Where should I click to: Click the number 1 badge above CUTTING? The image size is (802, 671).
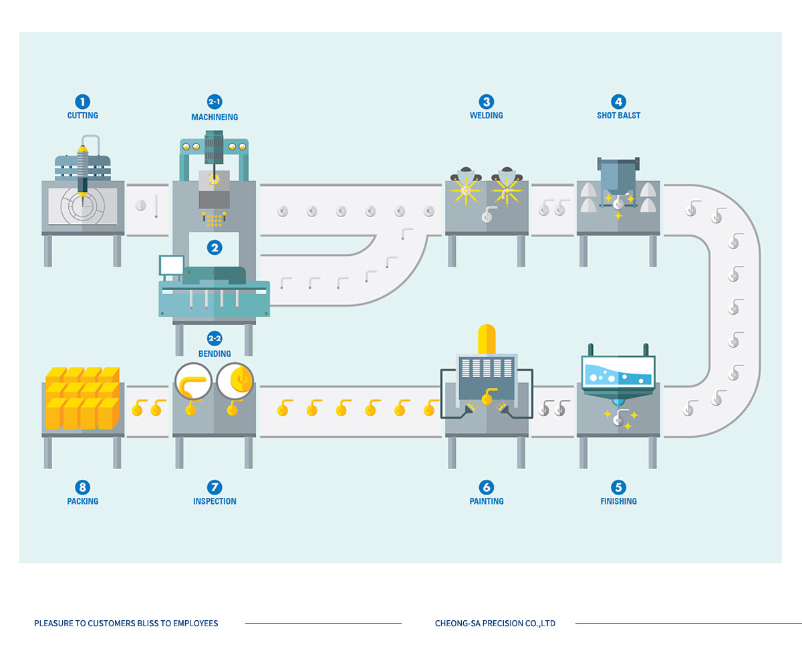click(82, 102)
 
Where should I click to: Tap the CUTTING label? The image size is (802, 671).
click(82, 116)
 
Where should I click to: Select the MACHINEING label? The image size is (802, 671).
click(215, 117)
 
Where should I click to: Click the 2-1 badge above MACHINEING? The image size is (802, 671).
click(215, 102)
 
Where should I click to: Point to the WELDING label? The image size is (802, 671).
click(486, 116)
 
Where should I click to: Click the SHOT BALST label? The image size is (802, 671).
click(618, 116)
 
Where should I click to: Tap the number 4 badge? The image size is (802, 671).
click(619, 102)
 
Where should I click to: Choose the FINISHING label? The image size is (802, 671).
click(618, 501)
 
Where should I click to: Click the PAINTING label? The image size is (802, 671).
click(486, 501)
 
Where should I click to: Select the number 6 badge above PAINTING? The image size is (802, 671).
click(487, 487)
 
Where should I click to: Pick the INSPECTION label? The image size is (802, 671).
click(215, 501)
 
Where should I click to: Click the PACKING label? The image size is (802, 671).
click(82, 501)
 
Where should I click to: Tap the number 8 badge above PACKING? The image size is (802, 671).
click(83, 487)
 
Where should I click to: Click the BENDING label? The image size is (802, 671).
click(215, 354)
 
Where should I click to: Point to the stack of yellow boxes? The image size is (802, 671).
click(82, 398)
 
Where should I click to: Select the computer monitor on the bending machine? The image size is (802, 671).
click(171, 265)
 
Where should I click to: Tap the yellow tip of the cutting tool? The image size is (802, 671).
click(84, 148)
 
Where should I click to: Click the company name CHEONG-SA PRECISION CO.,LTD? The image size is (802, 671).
click(495, 624)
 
